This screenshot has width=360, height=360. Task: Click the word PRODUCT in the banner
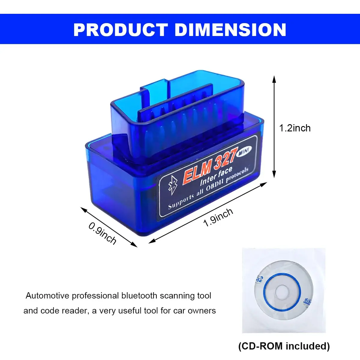(120, 30)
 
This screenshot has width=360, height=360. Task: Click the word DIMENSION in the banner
(230, 30)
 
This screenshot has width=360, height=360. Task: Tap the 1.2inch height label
(295, 128)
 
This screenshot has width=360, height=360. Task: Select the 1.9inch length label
(218, 217)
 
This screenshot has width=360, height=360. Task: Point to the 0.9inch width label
(102, 233)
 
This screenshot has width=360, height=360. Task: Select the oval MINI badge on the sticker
(244, 152)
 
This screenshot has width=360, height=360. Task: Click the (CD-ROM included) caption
(284, 346)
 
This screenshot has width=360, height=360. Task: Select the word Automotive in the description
(47, 296)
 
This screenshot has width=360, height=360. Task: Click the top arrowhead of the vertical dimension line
(274, 79)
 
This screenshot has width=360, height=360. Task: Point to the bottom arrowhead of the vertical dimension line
(274, 175)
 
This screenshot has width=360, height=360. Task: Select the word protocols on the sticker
(237, 175)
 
